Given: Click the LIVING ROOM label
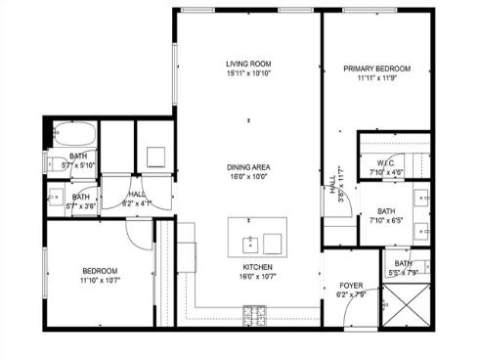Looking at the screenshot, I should (x=247, y=65).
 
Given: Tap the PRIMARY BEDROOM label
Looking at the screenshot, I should (x=376, y=68).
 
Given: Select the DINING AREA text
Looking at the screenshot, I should (x=248, y=167).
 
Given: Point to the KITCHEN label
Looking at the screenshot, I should (x=257, y=266).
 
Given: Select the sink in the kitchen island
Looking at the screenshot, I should (x=250, y=240).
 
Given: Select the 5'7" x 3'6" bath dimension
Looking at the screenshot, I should (x=80, y=206).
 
